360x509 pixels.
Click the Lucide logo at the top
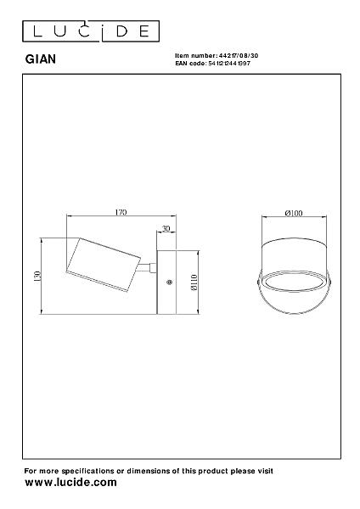91,31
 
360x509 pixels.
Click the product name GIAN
41,59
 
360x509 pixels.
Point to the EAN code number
229,64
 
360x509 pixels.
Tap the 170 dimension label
121,212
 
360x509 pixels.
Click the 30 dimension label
166,228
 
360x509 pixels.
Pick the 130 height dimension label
37,276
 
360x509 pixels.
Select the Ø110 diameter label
194,282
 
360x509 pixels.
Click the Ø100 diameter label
294,213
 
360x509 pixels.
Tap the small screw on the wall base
169,282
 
